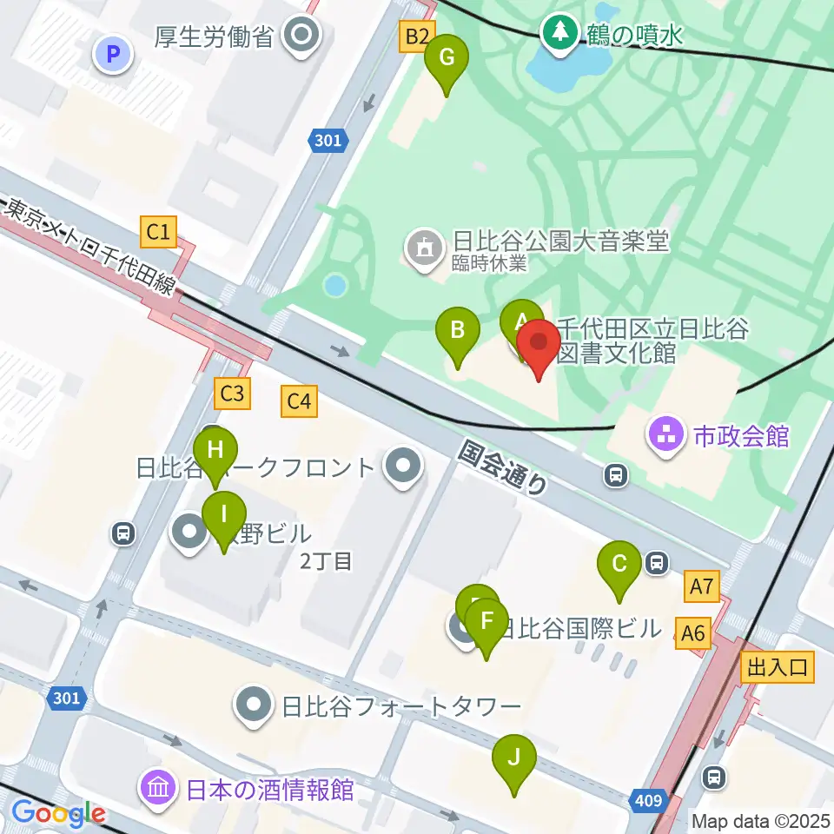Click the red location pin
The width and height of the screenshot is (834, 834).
(x=539, y=345)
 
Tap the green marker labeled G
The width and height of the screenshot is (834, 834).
(x=447, y=59)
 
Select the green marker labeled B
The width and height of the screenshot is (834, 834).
(x=457, y=331)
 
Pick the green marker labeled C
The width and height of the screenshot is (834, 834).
(x=619, y=565)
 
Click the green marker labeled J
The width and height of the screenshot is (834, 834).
(x=514, y=758)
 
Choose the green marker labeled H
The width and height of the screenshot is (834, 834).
(x=215, y=452)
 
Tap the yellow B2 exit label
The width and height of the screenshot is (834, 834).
(x=416, y=36)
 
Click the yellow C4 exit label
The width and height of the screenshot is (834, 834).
(x=299, y=400)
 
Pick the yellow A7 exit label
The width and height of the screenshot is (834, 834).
(x=701, y=588)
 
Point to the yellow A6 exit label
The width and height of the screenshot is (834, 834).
(x=693, y=634)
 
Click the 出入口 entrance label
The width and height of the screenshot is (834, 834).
(x=777, y=667)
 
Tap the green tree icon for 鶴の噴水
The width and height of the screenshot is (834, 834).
(x=559, y=33)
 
